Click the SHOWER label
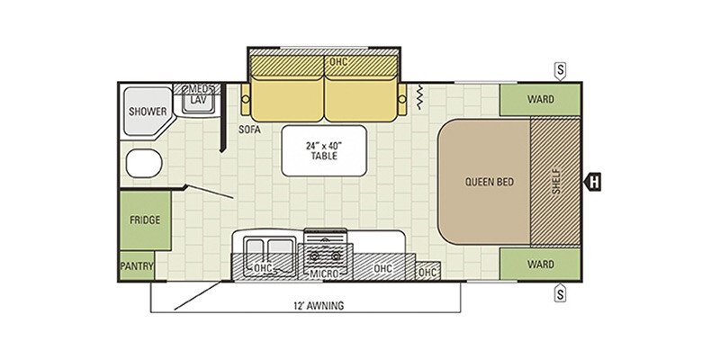point(148,112)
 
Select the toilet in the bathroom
point(144,163)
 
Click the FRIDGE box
point(146,220)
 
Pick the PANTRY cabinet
point(137,265)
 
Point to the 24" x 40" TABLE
point(324,150)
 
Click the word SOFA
point(249,130)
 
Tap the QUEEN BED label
point(490,182)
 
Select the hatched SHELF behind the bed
point(555,182)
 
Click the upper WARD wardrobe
point(540,100)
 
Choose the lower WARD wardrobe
point(540,264)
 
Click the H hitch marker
point(592,183)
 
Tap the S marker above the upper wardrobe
point(560,72)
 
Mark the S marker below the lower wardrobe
point(560,292)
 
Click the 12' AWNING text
point(319,306)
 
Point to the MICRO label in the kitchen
point(323,274)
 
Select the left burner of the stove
point(314,256)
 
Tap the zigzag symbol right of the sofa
point(419,97)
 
